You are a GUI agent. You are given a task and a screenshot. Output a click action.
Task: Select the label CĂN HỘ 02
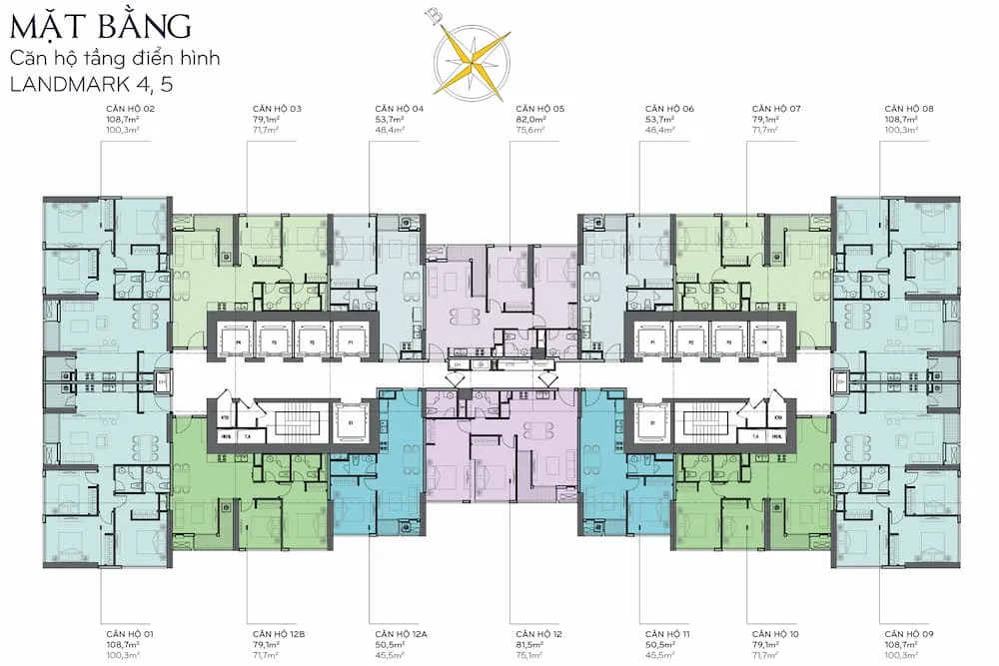pos(130,108)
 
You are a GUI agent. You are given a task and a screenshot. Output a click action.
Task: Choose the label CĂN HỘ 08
pos(908,108)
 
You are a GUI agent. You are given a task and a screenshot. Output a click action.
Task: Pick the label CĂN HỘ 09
pos(908,635)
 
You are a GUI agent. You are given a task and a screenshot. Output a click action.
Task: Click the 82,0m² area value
pos(528,119)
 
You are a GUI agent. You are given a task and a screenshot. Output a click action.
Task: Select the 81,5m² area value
pos(528,646)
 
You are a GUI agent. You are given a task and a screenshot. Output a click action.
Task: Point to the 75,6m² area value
pos(528,130)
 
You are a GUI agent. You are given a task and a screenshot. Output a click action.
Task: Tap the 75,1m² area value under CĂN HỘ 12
pos(528,657)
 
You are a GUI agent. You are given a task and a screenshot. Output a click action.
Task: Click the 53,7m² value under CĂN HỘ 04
pos(389,119)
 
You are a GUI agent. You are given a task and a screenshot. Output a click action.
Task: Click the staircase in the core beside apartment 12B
pos(296,422)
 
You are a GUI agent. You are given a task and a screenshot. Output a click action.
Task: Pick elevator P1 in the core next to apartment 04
pos(351,339)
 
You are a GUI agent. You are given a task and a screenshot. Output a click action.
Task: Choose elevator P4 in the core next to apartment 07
pos(765,339)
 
